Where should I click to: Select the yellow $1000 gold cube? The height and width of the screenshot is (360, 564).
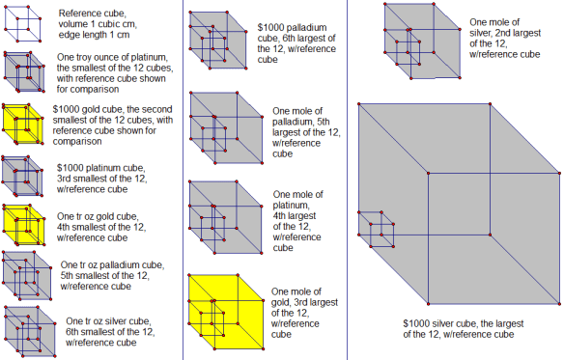click(x=22, y=123)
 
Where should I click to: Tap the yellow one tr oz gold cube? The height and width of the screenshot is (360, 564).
click(x=21, y=224)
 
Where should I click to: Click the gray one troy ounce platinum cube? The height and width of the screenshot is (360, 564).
click(x=22, y=72)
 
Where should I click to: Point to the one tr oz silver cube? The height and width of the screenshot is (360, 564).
click(x=25, y=328)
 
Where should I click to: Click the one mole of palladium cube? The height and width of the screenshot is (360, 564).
click(x=221, y=132)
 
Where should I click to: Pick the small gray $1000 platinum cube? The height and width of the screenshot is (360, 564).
click(x=21, y=175)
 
